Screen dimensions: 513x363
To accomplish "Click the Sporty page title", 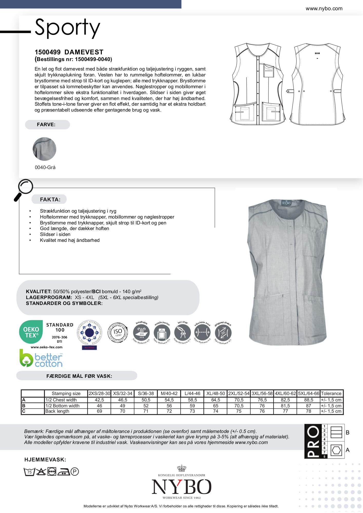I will click(67, 28).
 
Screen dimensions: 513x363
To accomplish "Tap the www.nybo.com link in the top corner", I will click(324, 8).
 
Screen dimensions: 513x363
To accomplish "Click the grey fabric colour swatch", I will click(44, 149).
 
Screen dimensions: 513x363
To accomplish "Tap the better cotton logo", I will click(41, 358).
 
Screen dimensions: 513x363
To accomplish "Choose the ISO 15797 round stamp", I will click(117, 333).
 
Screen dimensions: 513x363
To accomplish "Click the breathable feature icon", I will click(141, 333).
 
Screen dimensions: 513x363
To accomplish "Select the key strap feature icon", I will click(182, 333).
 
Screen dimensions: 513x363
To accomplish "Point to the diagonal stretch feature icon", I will click(223, 333).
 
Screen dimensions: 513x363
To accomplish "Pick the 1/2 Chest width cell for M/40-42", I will click(169, 400).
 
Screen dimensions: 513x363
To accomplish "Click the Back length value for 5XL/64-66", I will click(308, 411).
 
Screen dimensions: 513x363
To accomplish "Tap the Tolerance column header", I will click(331, 393).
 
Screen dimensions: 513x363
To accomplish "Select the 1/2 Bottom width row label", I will click(62, 406).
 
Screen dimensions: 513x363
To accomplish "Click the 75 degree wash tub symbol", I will click(29, 472).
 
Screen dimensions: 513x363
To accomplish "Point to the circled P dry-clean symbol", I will click(75, 471).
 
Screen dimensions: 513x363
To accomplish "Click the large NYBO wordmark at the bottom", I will click(181, 487).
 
